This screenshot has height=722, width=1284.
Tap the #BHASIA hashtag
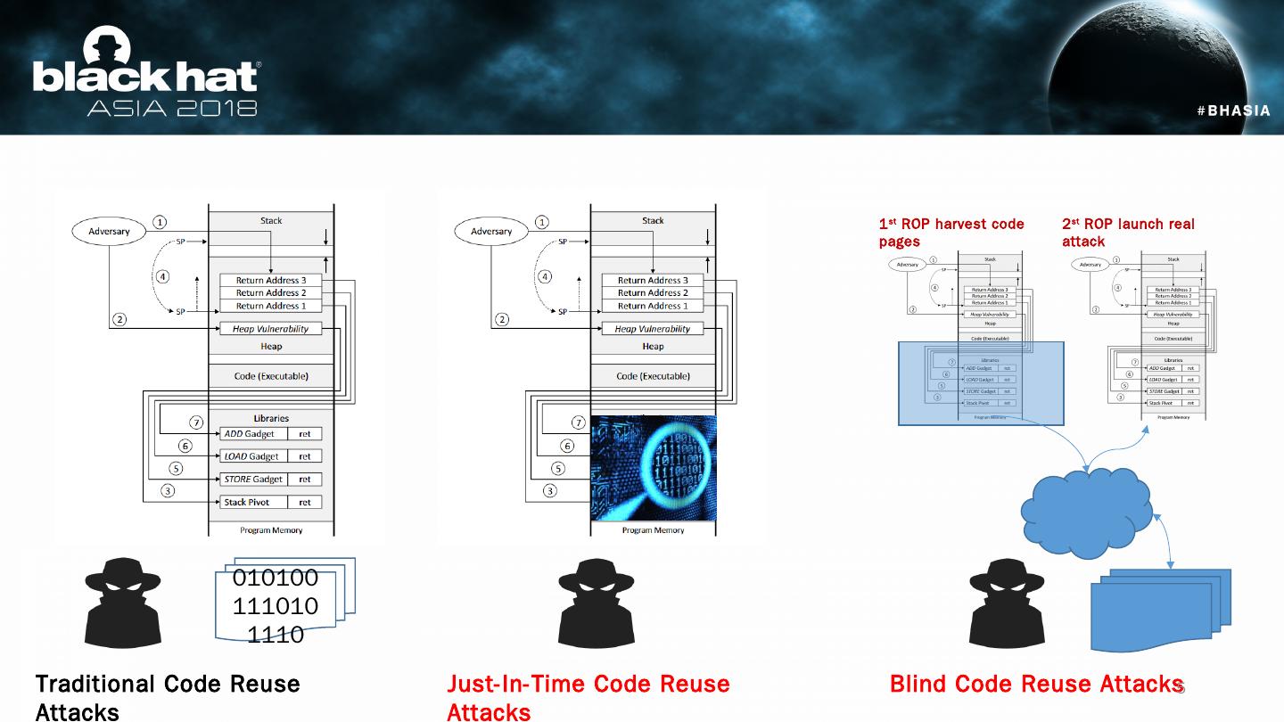tap(1233, 111)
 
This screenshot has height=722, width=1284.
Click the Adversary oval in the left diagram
tap(109, 232)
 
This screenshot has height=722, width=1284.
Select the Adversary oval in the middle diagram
tap(491, 232)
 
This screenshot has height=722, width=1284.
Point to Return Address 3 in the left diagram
tap(271, 280)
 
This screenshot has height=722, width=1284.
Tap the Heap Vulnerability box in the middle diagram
tap(653, 329)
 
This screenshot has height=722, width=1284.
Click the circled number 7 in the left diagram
tap(196, 423)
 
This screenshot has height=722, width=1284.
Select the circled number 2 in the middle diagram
tap(503, 319)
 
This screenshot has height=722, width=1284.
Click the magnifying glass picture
tap(654, 468)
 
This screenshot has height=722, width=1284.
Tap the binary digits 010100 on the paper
tap(275, 578)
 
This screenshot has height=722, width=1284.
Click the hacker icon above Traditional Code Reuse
tap(123, 603)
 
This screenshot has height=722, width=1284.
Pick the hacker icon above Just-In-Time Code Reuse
tap(597, 603)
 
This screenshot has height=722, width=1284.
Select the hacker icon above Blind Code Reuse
tap(1007, 603)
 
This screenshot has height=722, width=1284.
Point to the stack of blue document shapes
tap(1160, 610)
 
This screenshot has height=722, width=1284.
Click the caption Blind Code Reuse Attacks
tap(1036, 684)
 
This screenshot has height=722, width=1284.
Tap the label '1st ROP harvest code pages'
tap(951, 233)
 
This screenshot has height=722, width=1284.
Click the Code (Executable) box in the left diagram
tap(271, 376)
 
